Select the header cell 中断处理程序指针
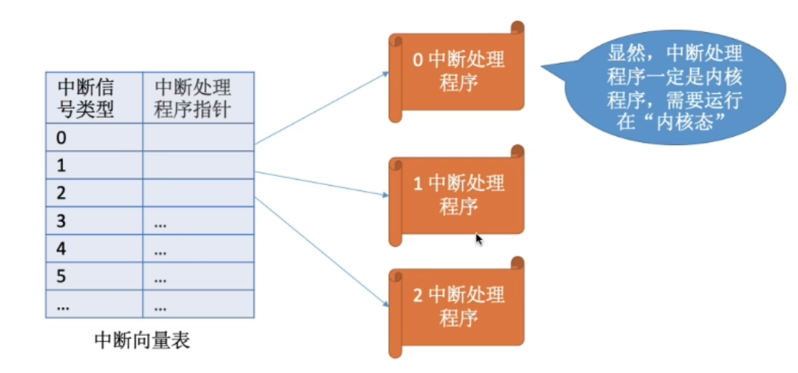click(192, 98)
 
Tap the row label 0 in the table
click(62, 138)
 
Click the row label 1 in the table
click(62, 166)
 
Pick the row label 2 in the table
click(62, 193)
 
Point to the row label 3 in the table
click(62, 221)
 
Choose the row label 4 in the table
click(62, 249)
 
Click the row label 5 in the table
click(62, 278)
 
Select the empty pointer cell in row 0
click(198, 138)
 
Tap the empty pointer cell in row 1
click(198, 166)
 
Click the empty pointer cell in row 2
click(198, 193)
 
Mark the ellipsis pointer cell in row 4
click(160, 250)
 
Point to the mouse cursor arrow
click(479, 240)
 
